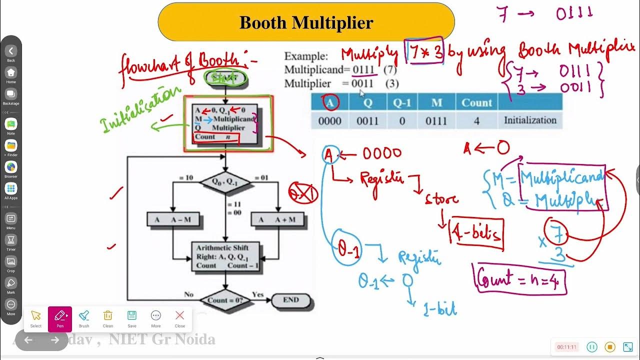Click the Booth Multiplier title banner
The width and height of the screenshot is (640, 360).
(x=306, y=23)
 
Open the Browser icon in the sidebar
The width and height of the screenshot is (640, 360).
(x=11, y=168)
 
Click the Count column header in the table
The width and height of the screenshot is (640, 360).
(x=476, y=103)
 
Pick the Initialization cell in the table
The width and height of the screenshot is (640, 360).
(x=530, y=120)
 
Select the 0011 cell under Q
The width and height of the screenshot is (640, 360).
(x=367, y=120)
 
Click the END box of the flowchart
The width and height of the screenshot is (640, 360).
(x=291, y=300)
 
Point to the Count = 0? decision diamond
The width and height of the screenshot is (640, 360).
(x=225, y=300)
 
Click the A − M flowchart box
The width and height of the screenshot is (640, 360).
(x=172, y=219)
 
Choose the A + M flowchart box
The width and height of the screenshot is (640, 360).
(x=278, y=219)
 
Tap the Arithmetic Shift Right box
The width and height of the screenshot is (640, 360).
(x=225, y=256)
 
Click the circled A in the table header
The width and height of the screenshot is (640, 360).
(x=330, y=103)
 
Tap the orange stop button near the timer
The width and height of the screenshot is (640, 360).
(x=609, y=346)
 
